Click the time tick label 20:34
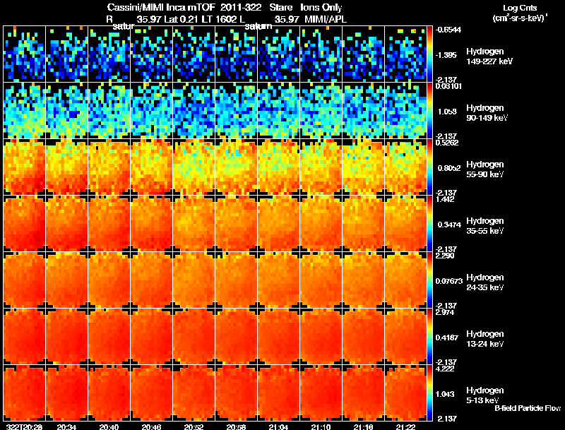[x=66, y=426]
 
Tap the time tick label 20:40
[x=109, y=426]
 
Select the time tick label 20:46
[x=151, y=426]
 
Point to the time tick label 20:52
[x=194, y=426]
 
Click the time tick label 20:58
[x=236, y=426]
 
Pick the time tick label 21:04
[x=278, y=426]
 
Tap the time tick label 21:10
[x=321, y=426]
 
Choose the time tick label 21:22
[x=405, y=426]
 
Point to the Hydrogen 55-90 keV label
[x=487, y=169]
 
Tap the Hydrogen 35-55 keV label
[x=487, y=226]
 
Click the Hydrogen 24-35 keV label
[x=487, y=282]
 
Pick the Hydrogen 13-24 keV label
[x=487, y=339]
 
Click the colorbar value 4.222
[x=444, y=368]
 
